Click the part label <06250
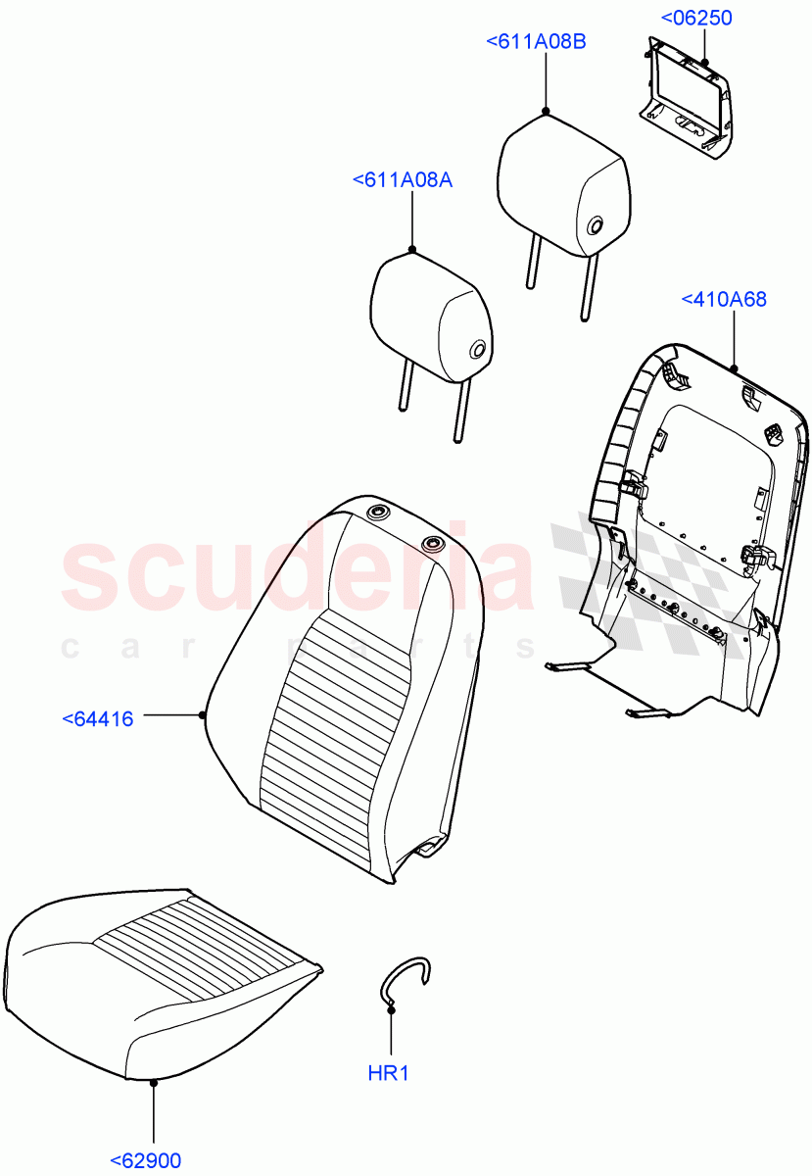tap(696, 19)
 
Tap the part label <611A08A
tap(402, 180)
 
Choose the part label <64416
tap(98, 719)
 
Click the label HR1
tap(388, 1073)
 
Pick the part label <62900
tap(146, 1160)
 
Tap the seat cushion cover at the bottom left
tap(157, 980)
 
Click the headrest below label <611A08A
tap(431, 314)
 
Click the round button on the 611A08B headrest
tap(595, 226)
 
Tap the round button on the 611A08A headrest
tap(477, 350)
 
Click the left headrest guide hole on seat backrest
tap(377, 513)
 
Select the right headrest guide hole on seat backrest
tap(432, 543)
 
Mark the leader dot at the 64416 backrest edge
tap(204, 714)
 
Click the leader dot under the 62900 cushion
tap(154, 1083)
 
